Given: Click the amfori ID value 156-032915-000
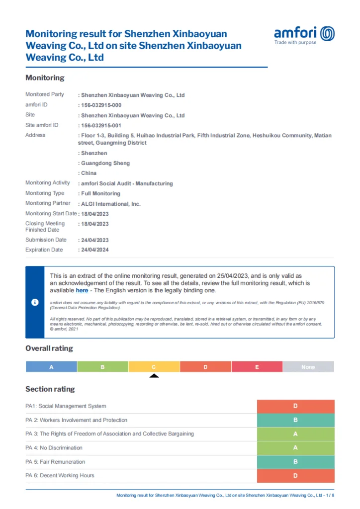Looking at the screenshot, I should (x=101, y=105).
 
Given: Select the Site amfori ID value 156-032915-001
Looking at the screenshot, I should (x=101, y=125).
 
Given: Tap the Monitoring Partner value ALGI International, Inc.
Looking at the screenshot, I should (x=111, y=204).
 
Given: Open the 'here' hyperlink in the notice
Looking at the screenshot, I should (x=82, y=290).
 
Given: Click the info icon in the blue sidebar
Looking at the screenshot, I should (x=35, y=302).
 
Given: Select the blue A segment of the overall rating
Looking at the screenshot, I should (x=51, y=367).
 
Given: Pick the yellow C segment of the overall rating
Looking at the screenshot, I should (x=154, y=367).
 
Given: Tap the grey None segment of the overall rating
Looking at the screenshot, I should (x=308, y=367).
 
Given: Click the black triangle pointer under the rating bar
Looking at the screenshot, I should (x=154, y=376).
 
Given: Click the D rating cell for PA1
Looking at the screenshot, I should (x=295, y=406).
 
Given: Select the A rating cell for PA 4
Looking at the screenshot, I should (x=295, y=448).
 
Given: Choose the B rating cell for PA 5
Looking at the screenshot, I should (x=295, y=462).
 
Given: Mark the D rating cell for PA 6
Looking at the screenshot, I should (x=295, y=476).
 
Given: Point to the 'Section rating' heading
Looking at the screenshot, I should (x=50, y=389).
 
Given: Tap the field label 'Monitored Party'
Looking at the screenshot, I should (x=45, y=94).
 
